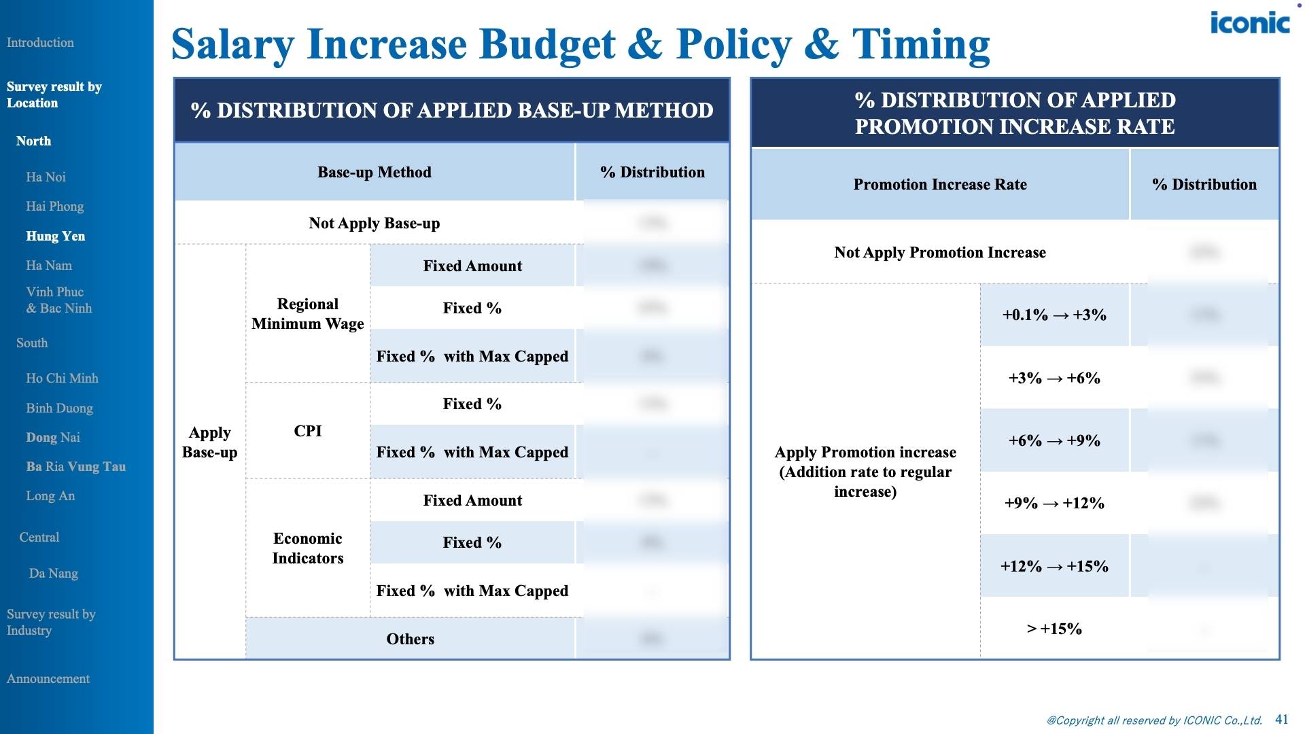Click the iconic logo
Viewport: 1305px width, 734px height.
[1249, 23]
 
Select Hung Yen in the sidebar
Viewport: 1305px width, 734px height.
[55, 236]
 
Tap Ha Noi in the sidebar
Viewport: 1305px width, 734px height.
[46, 177]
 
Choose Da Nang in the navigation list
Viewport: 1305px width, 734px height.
[53, 573]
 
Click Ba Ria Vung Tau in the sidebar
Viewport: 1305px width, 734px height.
[75, 466]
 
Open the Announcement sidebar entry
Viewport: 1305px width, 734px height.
[48, 678]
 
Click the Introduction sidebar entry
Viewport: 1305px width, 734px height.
[40, 42]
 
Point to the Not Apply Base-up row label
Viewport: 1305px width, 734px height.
[374, 223]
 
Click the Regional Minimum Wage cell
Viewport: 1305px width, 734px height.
[307, 313]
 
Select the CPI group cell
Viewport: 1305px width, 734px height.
[307, 431]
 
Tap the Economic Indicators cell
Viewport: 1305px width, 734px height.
[307, 548]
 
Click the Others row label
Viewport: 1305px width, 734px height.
[410, 639]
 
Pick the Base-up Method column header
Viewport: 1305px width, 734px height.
[374, 172]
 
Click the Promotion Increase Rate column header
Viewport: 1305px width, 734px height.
[939, 184]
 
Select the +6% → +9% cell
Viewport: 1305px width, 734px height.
[1054, 440]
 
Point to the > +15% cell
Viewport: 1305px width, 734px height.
[1054, 629]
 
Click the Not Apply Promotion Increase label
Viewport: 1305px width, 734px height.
[939, 252]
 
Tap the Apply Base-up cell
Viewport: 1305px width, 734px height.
[209, 442]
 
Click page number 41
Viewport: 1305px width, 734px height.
[1281, 719]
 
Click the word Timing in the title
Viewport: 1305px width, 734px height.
[920, 44]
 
